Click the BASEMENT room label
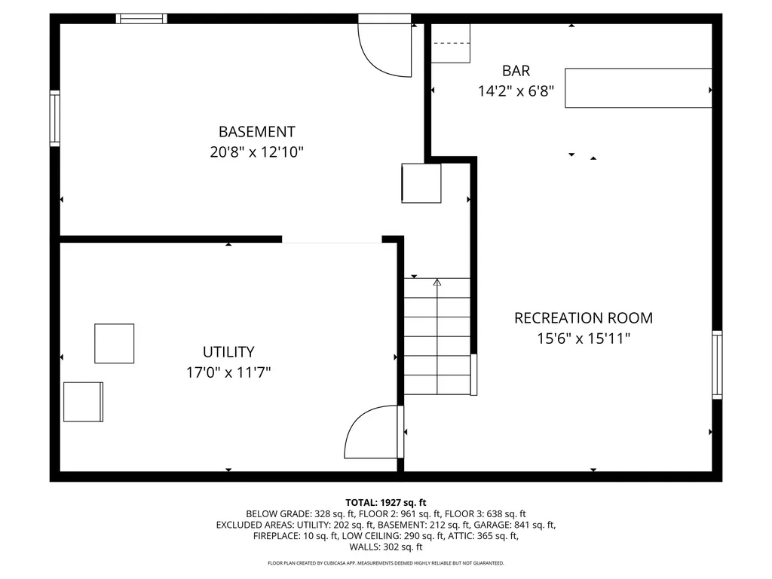tap(256, 132)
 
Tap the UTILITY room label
tap(228, 352)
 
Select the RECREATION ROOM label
tap(584, 318)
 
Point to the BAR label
tap(516, 71)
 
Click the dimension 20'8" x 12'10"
tap(256, 152)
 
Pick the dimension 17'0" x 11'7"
tap(228, 372)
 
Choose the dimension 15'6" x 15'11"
tap(584, 339)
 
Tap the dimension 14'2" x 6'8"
tap(516, 91)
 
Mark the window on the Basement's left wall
tap(54, 118)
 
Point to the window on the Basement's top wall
tap(141, 19)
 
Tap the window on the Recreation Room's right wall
tap(718, 365)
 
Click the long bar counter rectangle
tap(638, 87)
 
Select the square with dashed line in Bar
tap(451, 43)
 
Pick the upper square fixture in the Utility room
tap(115, 344)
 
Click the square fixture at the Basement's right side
tap(421, 183)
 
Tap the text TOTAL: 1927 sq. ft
tap(386, 503)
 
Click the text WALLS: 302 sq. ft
tap(386, 547)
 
